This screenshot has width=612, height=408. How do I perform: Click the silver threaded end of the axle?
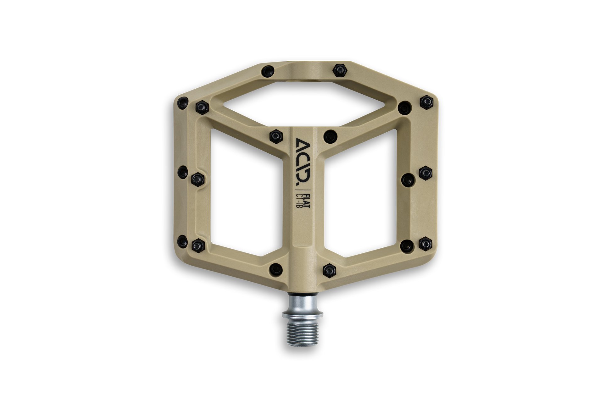(x=302, y=332)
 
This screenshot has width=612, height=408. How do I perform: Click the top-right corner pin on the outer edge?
(x=426, y=102)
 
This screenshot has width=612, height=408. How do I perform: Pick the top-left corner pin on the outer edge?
(x=183, y=102)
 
